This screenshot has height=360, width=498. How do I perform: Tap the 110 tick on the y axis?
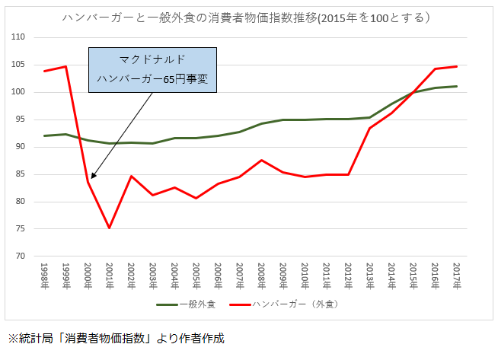tap(19, 37)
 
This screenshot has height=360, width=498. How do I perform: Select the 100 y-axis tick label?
tap(19, 92)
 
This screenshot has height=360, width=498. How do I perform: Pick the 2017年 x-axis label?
tap(456, 276)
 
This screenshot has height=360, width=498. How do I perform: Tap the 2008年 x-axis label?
tap(261, 276)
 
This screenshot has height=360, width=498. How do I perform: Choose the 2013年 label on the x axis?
tap(369, 276)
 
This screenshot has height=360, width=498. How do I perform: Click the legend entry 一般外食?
tap(190, 304)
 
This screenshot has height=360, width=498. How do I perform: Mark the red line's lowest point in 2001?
tap(109, 228)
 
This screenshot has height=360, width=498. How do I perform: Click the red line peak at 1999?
tap(65, 66)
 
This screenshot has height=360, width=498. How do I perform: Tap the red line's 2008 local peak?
tap(261, 160)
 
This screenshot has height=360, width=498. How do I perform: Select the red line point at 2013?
tap(369, 128)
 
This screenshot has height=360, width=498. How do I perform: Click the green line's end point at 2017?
tap(456, 86)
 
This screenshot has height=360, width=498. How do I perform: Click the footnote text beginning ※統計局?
tap(117, 338)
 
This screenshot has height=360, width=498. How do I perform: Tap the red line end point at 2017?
tap(456, 66)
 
